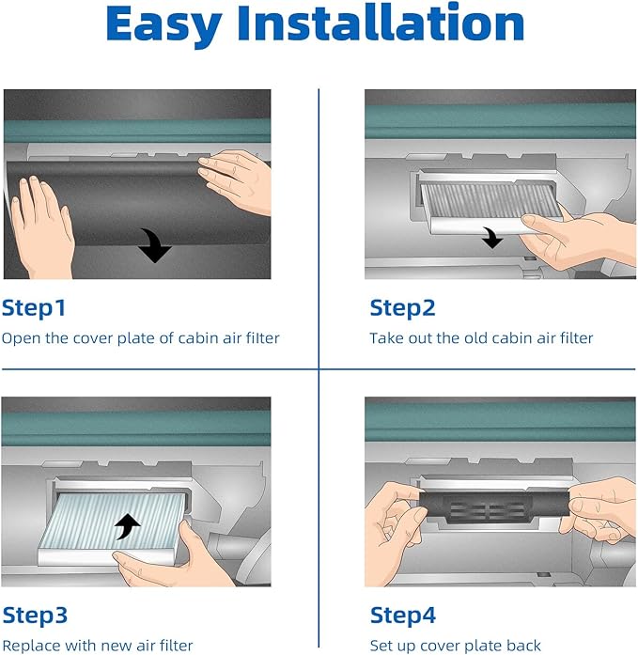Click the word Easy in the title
pos(163,26)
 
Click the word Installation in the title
pos(381,23)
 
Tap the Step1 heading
pos(34,308)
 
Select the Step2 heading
pos(402,308)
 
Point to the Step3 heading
pos(35,616)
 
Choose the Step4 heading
pos(403,616)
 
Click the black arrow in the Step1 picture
pos(154,245)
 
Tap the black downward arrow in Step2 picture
pos(492,237)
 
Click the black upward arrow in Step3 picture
pos(128,526)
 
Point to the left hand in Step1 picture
pos(41,226)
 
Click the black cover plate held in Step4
pos(495,507)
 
